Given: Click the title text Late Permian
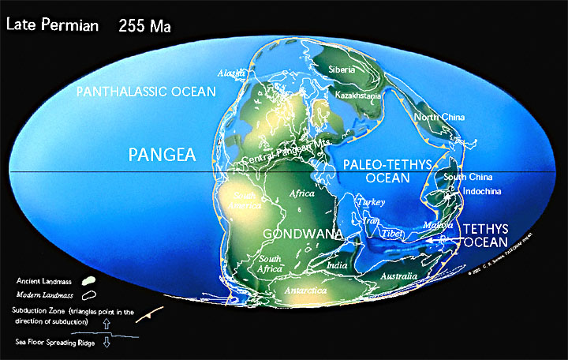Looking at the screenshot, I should pyautogui.click(x=52, y=24).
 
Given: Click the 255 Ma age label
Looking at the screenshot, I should pyautogui.click(x=145, y=25).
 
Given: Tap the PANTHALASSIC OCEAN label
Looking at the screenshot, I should pyautogui.click(x=146, y=92).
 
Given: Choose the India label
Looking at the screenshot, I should pyautogui.click(x=337, y=265).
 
